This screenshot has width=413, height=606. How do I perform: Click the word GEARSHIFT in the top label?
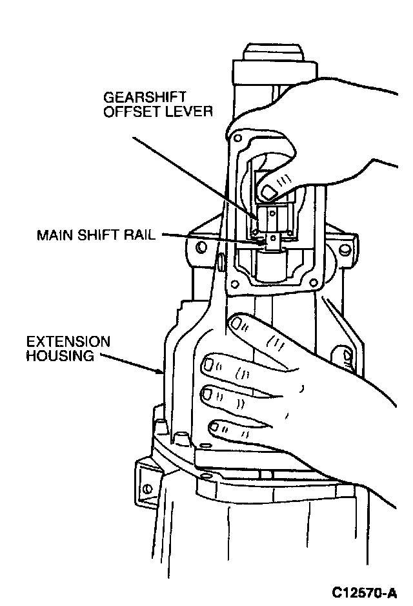pos(138,98)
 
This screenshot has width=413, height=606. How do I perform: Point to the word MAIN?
pos(54,235)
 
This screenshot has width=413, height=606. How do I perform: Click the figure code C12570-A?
pos(365,592)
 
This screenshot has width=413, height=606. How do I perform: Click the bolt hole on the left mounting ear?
pos(202,247)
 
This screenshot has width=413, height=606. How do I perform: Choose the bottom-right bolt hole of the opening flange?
pos(314,282)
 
